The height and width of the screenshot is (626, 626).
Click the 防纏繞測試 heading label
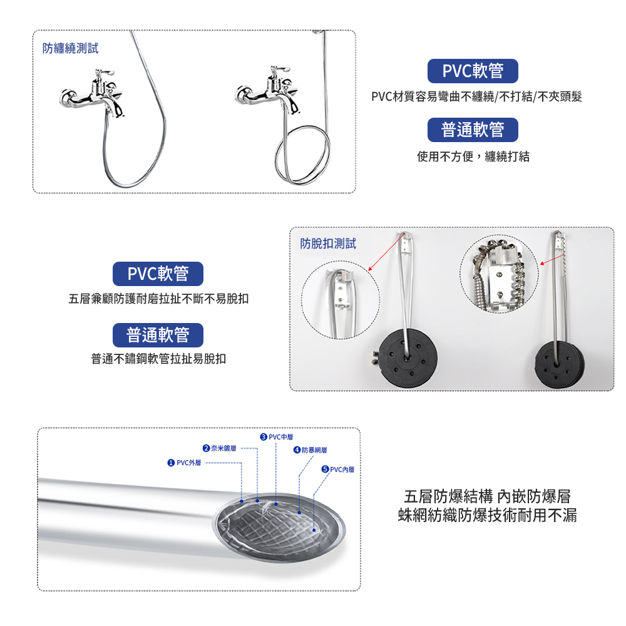[x=70, y=48]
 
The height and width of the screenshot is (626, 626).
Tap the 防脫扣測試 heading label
[x=328, y=244]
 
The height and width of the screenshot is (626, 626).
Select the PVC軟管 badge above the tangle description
[x=473, y=71]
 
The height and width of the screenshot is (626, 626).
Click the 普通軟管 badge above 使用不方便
[x=473, y=130]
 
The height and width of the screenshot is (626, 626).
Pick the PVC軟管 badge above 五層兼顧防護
[x=158, y=274]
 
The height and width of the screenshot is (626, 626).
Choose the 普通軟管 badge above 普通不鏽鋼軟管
[x=158, y=335]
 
